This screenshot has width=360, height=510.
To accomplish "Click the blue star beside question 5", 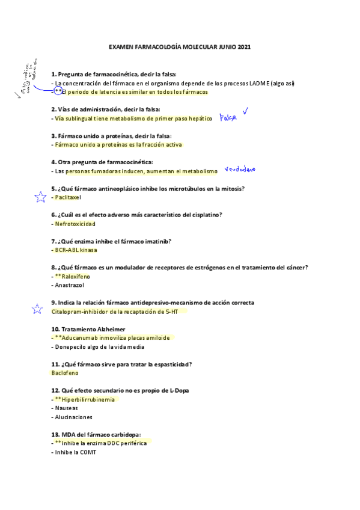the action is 40,197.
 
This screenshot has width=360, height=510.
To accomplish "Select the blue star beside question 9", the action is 37,310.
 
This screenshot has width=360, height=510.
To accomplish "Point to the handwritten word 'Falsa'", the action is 228,118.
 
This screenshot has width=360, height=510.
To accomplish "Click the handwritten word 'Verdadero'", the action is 240,170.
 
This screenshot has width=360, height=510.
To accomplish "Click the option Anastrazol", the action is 71,286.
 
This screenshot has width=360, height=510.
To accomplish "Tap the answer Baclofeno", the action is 66,373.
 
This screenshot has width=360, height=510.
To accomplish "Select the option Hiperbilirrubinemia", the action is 88,399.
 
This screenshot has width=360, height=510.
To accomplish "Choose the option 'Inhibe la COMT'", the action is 75,452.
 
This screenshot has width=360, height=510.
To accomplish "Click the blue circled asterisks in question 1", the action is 58,91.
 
